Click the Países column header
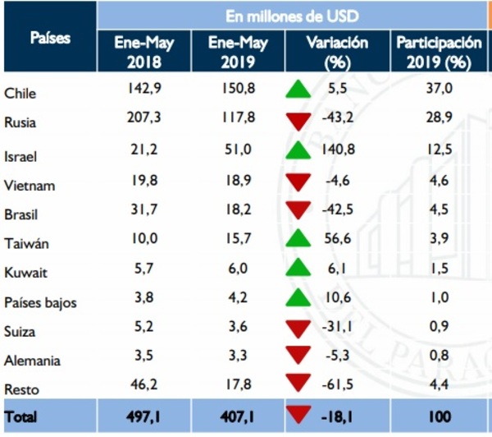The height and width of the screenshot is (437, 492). point(49,38)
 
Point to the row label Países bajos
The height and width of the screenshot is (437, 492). point(40,302)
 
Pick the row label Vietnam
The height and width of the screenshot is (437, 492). point(30,186)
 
